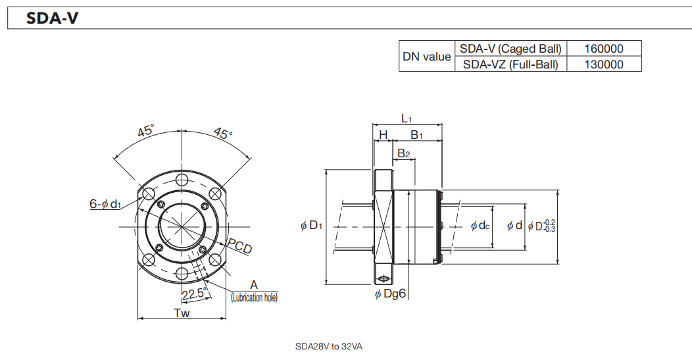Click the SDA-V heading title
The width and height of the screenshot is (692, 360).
coord(53,18)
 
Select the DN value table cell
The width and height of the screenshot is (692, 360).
coord(426,57)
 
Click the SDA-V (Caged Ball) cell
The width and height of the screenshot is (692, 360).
coord(510,49)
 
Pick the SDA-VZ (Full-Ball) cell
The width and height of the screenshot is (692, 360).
coord(510,64)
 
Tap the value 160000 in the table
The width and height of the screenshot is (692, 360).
coord(603,49)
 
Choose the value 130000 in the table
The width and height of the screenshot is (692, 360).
coord(603,64)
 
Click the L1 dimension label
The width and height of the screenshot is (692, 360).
coord(407,118)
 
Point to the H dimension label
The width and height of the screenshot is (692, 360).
coord(383,135)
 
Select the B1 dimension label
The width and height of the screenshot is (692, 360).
coord(416,135)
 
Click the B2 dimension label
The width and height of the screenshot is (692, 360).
coord(403,153)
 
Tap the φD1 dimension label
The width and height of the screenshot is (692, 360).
coord(311,226)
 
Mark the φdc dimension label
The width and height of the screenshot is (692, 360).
coord(480,226)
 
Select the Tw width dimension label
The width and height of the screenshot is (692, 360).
coord(182,313)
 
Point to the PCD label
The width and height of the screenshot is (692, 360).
coord(240,248)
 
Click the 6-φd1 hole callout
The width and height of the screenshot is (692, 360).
coord(105,204)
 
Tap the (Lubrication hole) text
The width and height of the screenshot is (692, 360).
coord(254,297)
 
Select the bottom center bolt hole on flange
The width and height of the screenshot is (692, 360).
coord(182,273)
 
